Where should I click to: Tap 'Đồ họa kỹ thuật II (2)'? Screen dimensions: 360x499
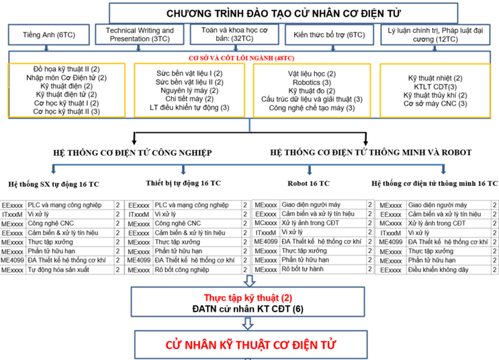pyautogui.click(x=66, y=69)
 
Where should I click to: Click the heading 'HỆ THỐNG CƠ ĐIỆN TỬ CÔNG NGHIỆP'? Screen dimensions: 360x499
pyautogui.click(x=133, y=152)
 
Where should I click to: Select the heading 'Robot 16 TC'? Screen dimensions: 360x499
pyautogui.click(x=308, y=183)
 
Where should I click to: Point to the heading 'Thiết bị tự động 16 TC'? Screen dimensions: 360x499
pyautogui.click(x=184, y=182)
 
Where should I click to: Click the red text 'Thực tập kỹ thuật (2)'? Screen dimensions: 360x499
pyautogui.click(x=249, y=296)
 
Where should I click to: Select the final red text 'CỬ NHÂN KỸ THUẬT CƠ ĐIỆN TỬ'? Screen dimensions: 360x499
pyautogui.click(x=251, y=345)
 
